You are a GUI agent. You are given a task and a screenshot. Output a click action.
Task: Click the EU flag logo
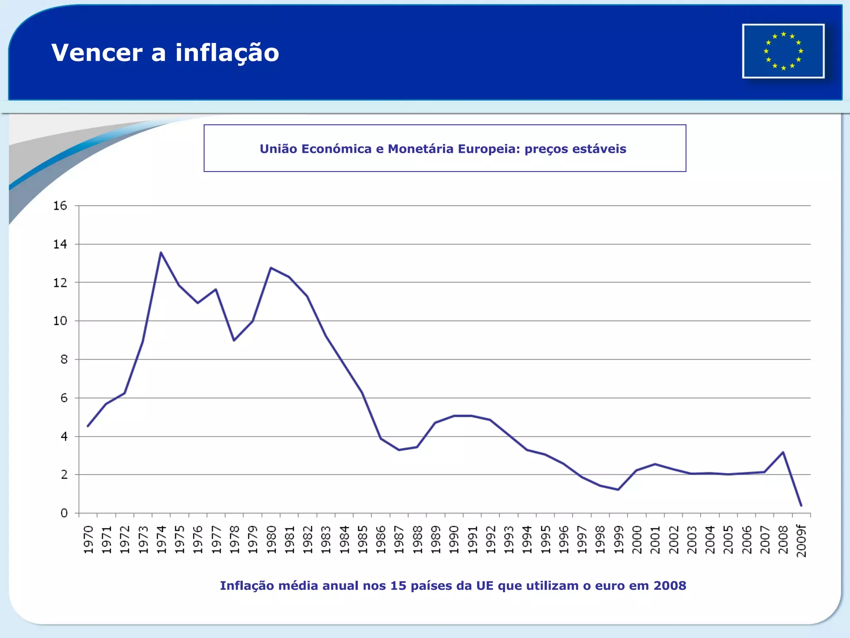[783, 51]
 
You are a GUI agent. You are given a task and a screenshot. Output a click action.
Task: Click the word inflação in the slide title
[227, 53]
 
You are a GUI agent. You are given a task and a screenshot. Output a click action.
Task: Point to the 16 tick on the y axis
[60, 206]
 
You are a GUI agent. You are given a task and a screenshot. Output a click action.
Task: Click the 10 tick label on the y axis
[60, 321]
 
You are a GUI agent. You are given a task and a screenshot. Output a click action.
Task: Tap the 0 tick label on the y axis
[64, 513]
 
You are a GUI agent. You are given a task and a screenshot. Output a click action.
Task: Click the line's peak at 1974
[161, 253]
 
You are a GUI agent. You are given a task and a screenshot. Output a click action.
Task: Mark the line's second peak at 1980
[271, 268]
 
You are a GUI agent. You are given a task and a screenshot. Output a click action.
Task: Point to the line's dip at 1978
[234, 340]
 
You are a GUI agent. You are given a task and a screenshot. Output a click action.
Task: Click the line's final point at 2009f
[801, 505]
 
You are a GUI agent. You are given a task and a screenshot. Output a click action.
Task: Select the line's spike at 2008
[783, 452]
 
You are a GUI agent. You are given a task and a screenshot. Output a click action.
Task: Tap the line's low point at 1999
[618, 490]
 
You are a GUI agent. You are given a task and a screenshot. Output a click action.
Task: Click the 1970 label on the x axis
[88, 540]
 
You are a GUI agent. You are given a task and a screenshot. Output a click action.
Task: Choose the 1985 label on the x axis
[363, 540]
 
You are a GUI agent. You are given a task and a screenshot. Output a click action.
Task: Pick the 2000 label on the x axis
[637, 540]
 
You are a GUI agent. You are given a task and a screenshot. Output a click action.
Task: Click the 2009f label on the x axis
[801, 541]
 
